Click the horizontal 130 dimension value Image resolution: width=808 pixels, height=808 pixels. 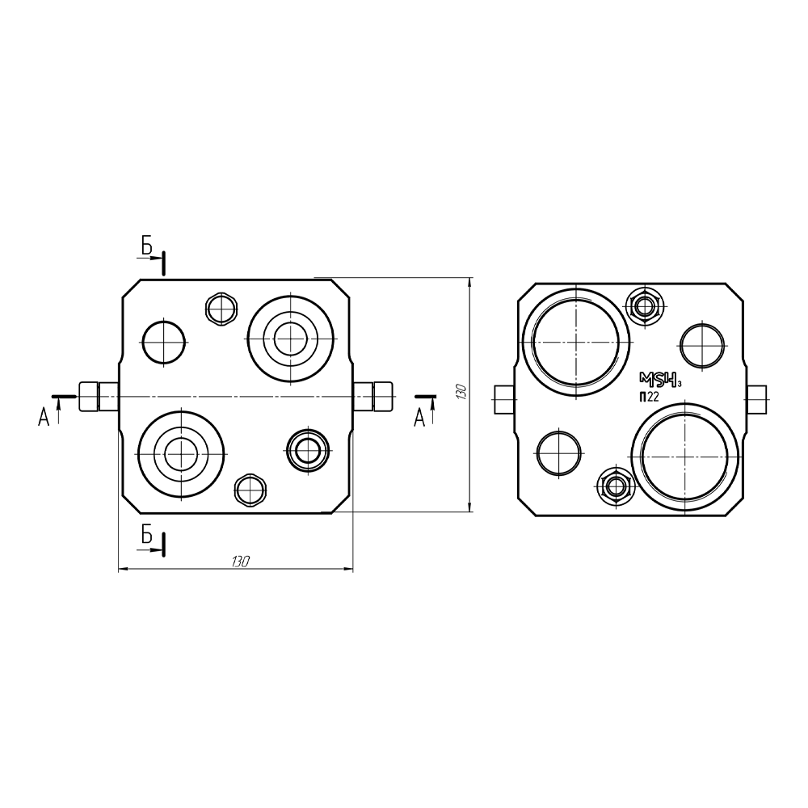241,562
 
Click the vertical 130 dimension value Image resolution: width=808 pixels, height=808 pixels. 461,392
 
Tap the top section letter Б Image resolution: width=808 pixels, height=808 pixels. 147,246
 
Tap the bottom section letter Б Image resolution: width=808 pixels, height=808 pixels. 147,536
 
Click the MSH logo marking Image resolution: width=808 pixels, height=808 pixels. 660,381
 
